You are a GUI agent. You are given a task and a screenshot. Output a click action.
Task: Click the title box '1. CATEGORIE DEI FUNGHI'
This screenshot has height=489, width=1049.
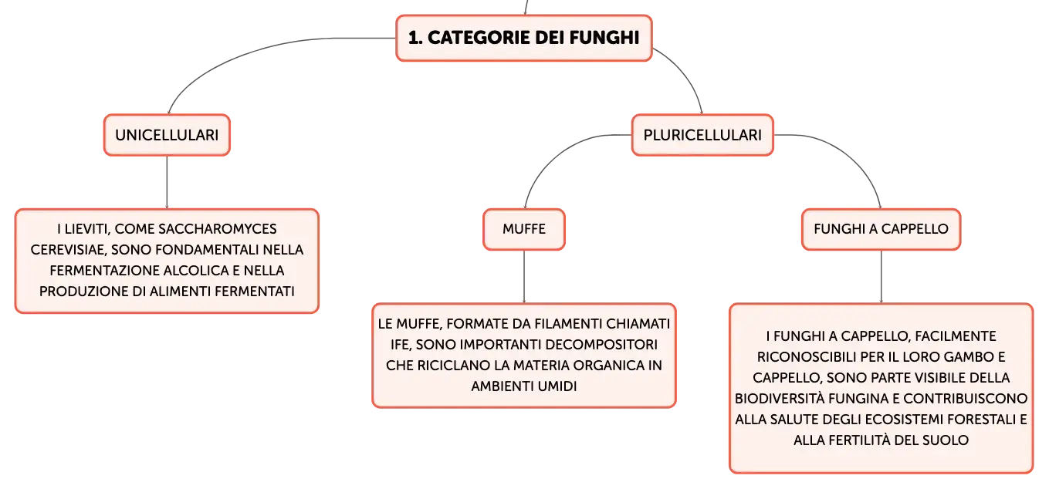(524, 38)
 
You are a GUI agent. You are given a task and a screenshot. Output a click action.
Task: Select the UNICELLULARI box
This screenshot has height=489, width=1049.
(167, 135)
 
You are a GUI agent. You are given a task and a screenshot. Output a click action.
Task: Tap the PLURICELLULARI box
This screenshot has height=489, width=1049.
(702, 135)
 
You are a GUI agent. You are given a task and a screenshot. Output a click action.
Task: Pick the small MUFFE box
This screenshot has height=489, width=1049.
(524, 229)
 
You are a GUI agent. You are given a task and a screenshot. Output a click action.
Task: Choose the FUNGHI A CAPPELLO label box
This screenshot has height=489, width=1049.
(881, 229)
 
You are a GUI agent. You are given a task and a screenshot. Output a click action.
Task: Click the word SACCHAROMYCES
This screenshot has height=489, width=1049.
(218, 229)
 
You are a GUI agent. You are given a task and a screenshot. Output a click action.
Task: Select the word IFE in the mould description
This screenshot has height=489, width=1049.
(400, 345)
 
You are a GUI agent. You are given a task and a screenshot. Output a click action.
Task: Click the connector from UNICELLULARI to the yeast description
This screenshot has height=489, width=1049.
(167, 182)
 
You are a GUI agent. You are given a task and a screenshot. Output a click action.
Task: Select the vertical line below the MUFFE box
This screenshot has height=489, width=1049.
(524, 277)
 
